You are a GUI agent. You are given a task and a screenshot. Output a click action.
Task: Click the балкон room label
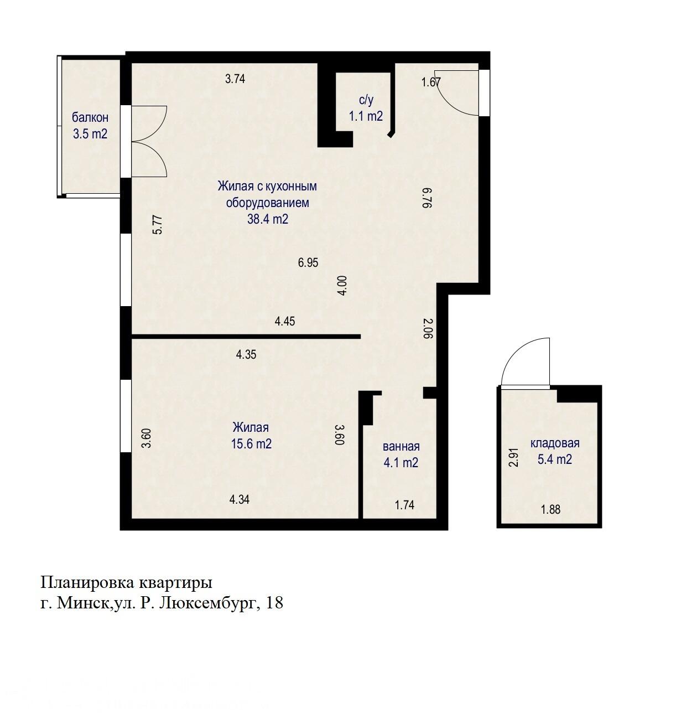90,117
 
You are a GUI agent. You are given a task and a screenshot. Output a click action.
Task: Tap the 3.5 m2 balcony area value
90,133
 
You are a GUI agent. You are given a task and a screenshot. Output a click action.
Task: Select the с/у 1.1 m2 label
366,108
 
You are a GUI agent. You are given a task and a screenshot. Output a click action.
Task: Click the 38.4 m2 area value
268,219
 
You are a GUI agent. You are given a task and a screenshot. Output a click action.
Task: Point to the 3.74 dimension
235,79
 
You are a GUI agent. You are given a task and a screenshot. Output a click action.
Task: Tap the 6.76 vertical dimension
426,197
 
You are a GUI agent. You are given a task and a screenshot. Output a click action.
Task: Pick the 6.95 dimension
308,263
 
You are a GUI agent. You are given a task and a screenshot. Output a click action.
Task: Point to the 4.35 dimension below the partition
246,355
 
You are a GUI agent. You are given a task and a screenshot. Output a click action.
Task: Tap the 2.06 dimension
426,328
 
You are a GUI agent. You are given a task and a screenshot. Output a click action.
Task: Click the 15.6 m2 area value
251,443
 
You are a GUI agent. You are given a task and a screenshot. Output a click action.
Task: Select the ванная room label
401,446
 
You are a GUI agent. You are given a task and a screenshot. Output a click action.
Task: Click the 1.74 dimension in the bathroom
404,504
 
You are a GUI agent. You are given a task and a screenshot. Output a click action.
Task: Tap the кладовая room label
555,443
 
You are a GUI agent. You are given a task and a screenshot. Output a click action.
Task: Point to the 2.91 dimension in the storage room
514,457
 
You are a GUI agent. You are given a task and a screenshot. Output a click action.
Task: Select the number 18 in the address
275,603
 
